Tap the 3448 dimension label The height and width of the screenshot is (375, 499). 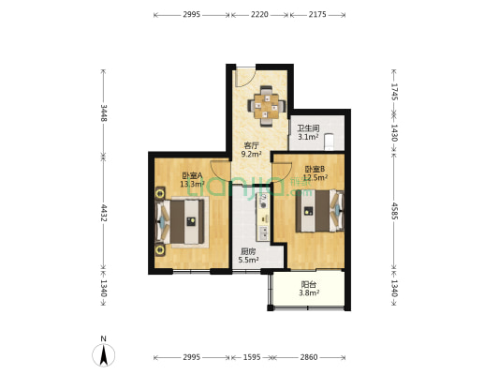(x=103, y=112)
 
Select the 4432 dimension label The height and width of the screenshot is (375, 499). (x=103, y=213)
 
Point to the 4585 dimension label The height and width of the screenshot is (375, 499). (x=394, y=211)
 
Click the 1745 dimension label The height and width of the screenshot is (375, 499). (x=394, y=92)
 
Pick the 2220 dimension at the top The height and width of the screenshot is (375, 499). (x=259, y=14)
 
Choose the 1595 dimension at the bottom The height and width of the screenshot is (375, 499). (x=252, y=357)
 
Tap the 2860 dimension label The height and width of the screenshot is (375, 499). (x=309, y=357)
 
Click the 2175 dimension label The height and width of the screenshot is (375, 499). (x=317, y=14)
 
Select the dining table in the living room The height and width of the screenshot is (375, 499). (x=267, y=106)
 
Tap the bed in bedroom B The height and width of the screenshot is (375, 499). (x=320, y=211)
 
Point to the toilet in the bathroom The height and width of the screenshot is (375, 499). (x=329, y=142)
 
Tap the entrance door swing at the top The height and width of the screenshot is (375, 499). (x=245, y=77)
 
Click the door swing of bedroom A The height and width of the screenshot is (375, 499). (x=220, y=171)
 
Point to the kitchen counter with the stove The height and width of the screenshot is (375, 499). (x=263, y=217)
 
